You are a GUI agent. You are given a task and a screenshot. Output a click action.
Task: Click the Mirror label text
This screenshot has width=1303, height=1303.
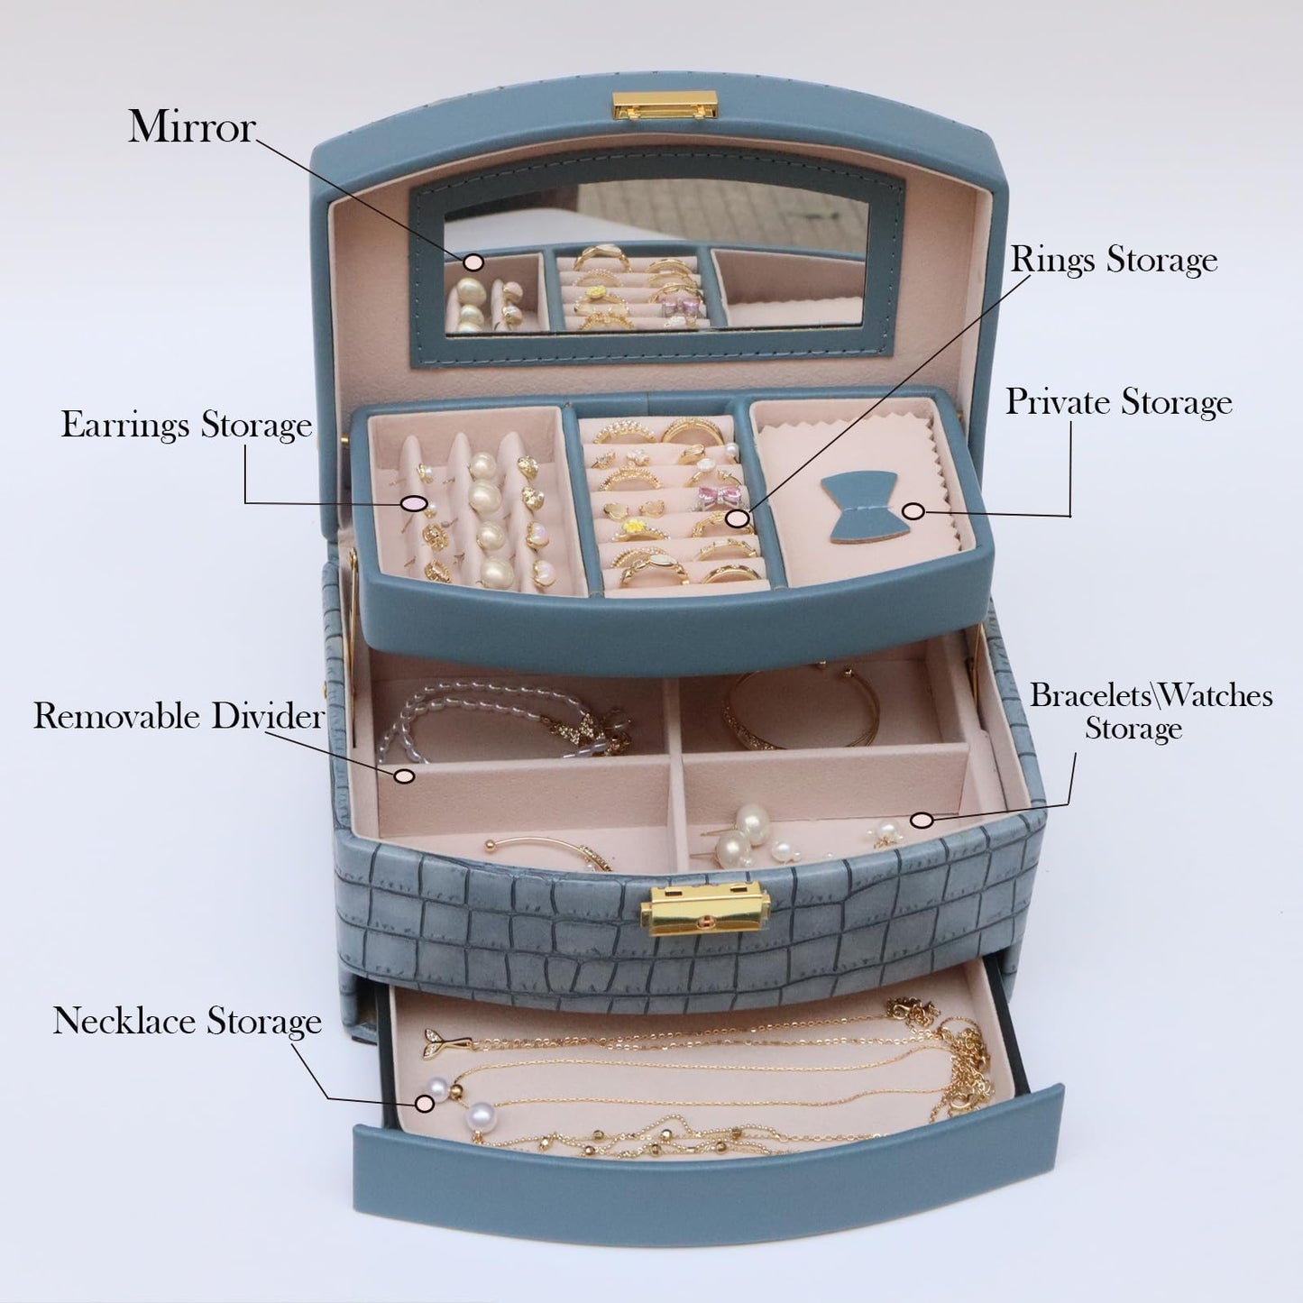(192, 127)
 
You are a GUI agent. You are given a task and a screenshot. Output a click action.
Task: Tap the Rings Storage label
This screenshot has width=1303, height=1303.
(1114, 262)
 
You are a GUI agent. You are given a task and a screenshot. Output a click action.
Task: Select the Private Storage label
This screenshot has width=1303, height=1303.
(1119, 403)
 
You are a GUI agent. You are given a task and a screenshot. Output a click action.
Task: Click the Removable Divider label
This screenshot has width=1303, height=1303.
(179, 716)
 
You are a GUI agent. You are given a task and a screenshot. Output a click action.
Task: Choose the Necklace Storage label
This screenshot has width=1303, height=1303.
(188, 1020)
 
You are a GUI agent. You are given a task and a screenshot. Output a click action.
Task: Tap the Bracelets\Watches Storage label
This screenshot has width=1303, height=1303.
(1151, 712)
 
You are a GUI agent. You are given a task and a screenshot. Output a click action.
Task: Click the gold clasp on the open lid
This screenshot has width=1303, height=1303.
(664, 106)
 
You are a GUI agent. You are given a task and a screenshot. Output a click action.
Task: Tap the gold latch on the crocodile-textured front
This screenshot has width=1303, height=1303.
(705, 912)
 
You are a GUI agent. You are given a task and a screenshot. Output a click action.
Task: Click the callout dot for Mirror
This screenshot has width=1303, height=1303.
(474, 262)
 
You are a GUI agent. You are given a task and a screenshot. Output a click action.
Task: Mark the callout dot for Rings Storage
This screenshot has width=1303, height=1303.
(739, 518)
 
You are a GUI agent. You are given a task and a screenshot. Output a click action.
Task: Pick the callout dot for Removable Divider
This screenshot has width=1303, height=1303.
(404, 775)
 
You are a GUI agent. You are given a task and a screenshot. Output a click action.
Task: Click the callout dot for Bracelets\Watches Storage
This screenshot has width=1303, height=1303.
(921, 821)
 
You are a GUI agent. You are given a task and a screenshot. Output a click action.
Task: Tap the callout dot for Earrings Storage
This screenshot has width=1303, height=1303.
(414, 504)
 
